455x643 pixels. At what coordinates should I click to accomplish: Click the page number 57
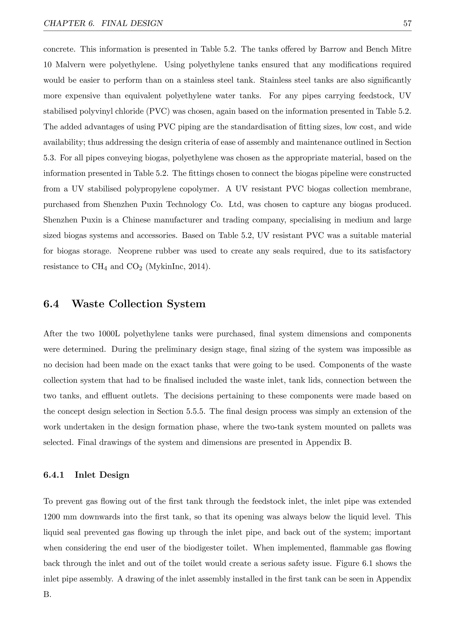pos(407,23)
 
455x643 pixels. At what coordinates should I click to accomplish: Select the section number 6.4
pos(51,304)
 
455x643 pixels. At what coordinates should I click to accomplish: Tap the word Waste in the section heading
pos(89,304)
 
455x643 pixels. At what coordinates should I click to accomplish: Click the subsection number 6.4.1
pos(54,475)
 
